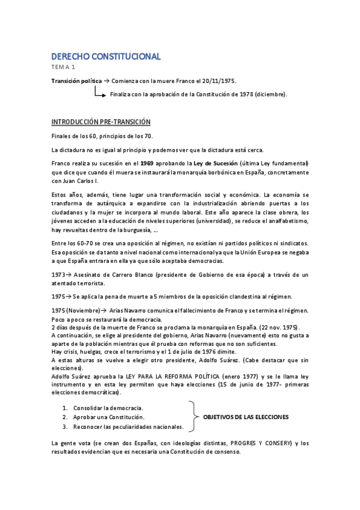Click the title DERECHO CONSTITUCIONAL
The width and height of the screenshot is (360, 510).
pos(106,57)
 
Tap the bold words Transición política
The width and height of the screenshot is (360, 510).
pos(76,81)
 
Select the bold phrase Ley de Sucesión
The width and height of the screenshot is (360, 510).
pos(206,164)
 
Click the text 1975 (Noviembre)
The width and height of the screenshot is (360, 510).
pos(73,310)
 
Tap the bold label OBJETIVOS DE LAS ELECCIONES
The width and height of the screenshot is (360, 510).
pos(246,416)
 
